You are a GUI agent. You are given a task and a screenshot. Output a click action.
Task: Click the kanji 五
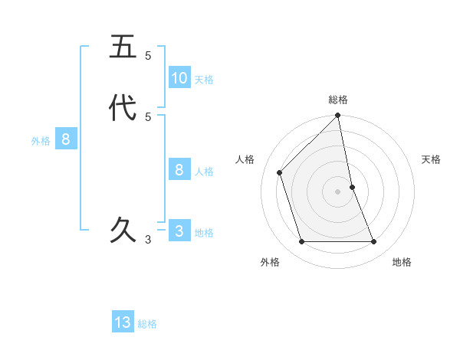point(123,47)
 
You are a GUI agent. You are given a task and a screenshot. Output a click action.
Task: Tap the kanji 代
point(123,107)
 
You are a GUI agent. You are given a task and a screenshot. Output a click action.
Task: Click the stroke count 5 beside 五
point(148,56)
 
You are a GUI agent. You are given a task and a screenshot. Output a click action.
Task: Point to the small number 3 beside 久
point(148,239)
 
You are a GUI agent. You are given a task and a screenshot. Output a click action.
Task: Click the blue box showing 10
point(179,77)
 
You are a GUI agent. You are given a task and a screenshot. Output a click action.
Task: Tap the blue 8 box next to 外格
point(66,139)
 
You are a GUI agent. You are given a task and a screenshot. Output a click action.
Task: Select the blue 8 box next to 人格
point(179,170)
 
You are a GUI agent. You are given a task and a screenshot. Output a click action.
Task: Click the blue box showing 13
point(123,322)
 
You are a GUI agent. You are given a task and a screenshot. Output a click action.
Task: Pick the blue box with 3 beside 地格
point(179,231)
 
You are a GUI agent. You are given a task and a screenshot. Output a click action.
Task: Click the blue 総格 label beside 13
point(147,324)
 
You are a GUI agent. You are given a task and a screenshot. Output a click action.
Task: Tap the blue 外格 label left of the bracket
point(41,141)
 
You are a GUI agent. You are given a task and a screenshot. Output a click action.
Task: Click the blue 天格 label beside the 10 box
point(204,80)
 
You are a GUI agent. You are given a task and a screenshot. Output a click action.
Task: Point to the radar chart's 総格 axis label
point(338,100)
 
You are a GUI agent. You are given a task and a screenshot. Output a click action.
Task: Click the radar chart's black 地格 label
point(402,262)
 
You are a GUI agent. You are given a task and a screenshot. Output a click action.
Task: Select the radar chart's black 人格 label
point(245,159)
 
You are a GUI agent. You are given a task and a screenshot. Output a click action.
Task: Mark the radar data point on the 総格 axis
point(338,116)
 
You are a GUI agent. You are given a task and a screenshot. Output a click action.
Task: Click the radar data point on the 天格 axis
point(352,187)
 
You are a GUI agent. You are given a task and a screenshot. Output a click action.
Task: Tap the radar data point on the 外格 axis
point(302,242)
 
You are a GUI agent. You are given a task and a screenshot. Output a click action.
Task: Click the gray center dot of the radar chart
point(338,191)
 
